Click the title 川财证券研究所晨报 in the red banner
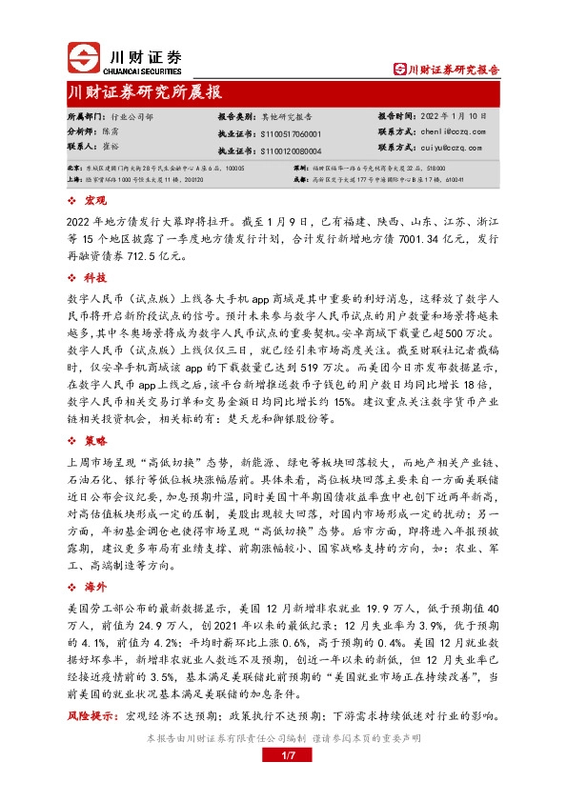pos(146,92)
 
